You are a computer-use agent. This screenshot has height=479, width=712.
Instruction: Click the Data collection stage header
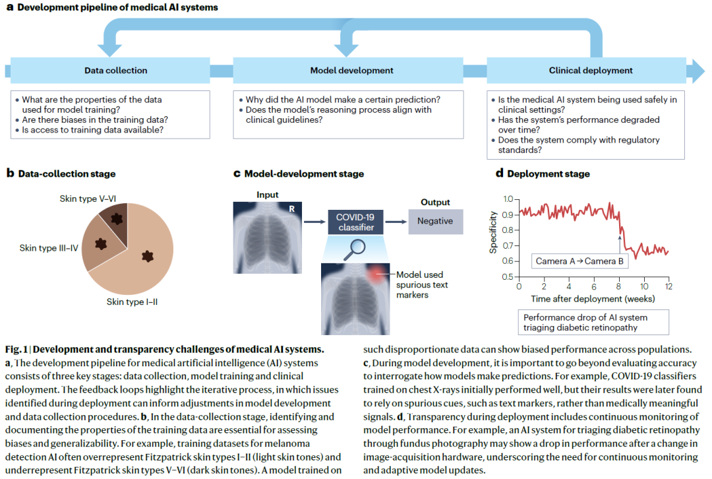pos(116,71)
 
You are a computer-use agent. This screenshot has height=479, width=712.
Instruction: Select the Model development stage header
pos(351,71)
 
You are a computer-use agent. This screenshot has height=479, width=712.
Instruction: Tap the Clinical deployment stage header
pos(590,71)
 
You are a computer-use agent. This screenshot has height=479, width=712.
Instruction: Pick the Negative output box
pos(435,221)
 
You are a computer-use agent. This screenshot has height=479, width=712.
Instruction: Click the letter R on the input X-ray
pos(290,208)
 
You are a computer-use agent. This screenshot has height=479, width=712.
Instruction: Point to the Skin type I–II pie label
pos(132,302)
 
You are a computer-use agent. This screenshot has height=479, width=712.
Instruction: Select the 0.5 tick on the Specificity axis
pos(507,276)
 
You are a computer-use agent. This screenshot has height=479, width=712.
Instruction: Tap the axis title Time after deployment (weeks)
pos(593,299)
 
